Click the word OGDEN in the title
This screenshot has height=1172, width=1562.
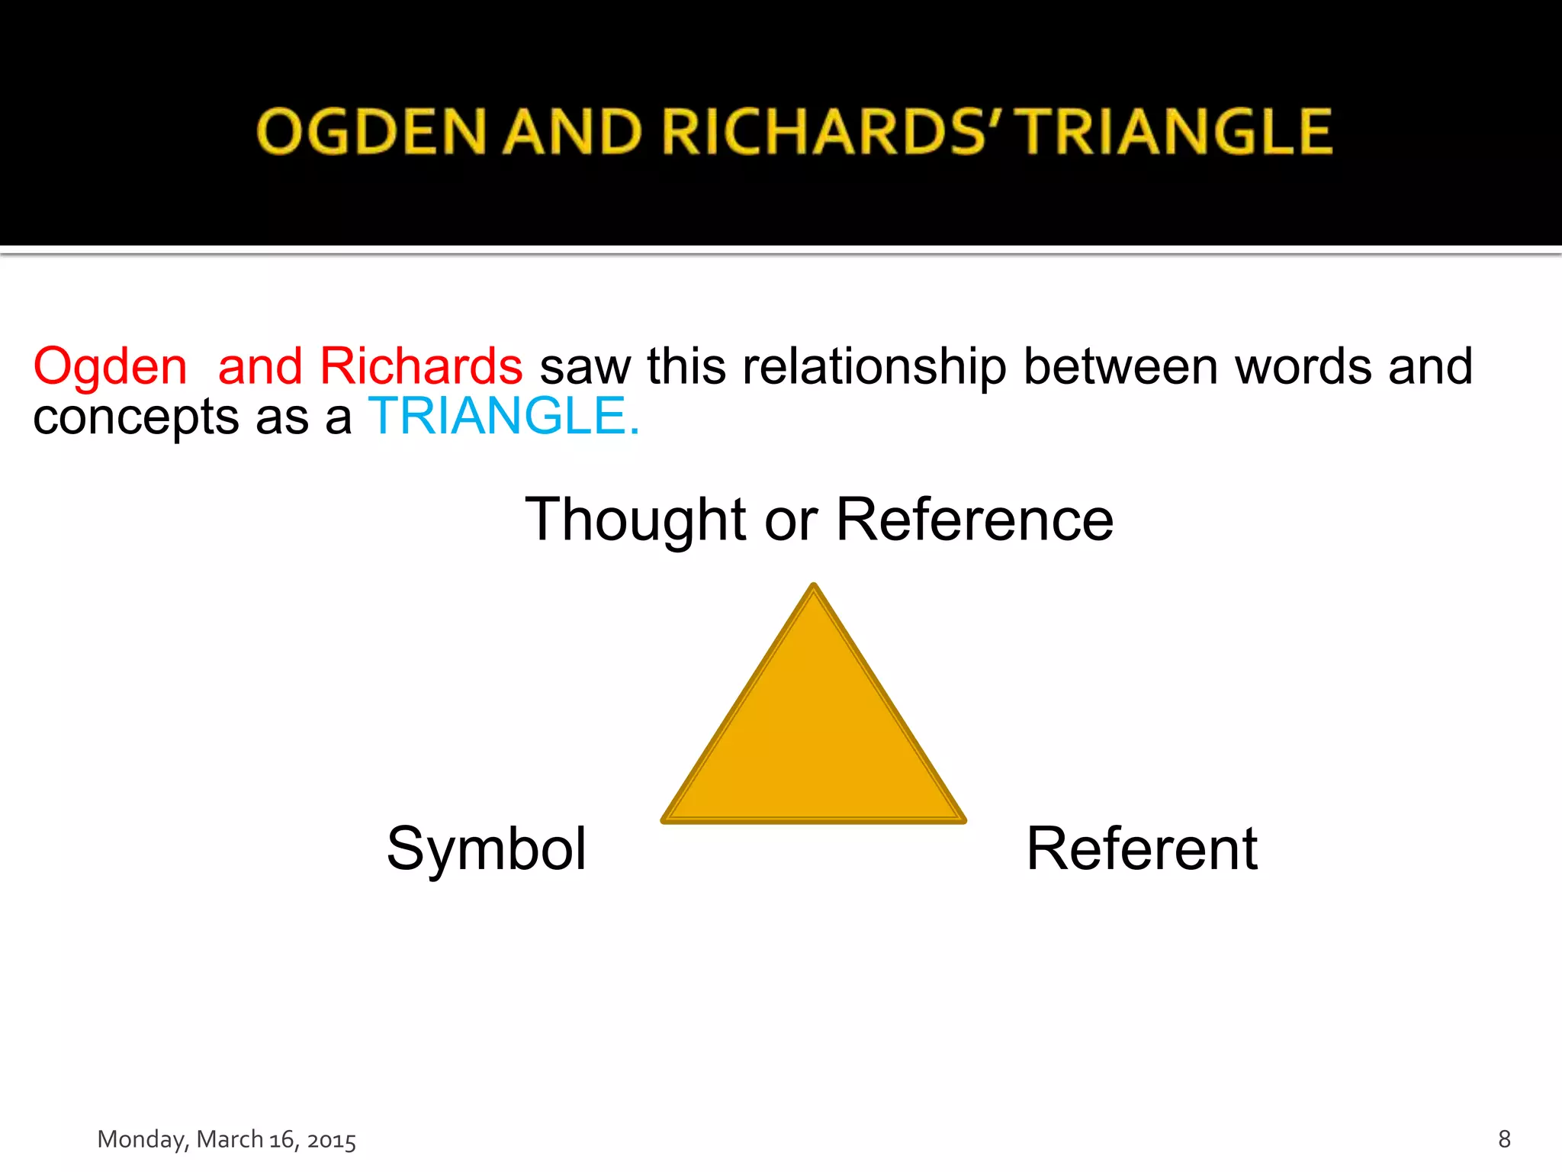(371, 131)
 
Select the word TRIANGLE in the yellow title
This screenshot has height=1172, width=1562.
(1177, 131)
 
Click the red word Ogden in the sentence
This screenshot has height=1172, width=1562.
(111, 367)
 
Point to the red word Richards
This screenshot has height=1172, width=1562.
(421, 367)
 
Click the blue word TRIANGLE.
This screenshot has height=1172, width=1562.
(503, 417)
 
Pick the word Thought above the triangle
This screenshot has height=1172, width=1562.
(635, 520)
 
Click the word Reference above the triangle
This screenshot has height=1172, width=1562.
(975, 520)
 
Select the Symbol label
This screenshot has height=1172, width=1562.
(487, 848)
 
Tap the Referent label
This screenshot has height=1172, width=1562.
(1142, 848)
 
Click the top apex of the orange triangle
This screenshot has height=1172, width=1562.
(814, 588)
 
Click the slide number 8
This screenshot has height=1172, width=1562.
(1504, 1139)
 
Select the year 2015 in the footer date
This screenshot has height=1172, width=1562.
(331, 1140)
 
